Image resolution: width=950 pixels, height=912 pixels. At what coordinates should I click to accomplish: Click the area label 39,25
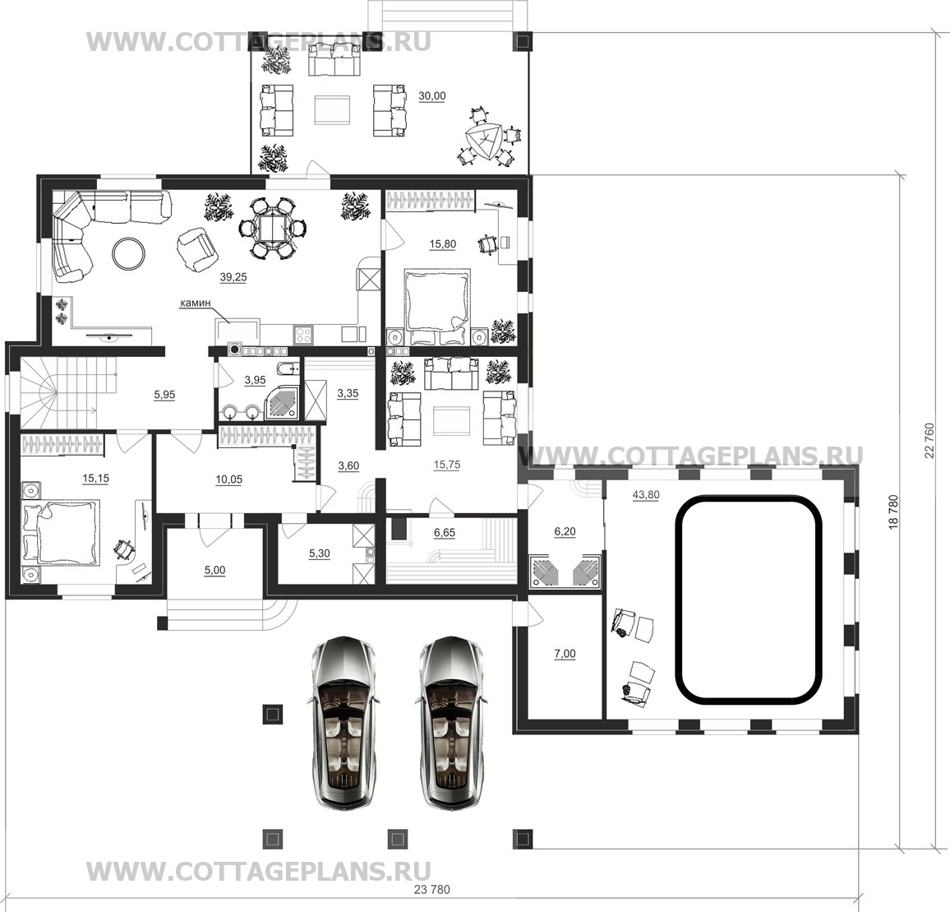pyautogui.click(x=233, y=277)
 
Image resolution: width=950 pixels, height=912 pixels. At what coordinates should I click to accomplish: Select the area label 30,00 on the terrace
pyautogui.click(x=432, y=96)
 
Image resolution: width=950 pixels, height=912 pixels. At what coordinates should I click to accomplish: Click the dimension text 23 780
pyautogui.click(x=432, y=890)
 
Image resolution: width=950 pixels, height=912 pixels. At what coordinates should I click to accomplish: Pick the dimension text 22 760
pyautogui.click(x=929, y=440)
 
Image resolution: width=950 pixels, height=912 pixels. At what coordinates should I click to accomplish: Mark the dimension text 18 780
pyautogui.click(x=893, y=513)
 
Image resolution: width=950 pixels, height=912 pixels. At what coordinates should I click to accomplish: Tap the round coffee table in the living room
pyautogui.click(x=129, y=252)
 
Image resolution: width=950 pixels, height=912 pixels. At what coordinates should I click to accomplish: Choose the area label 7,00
pyautogui.click(x=565, y=654)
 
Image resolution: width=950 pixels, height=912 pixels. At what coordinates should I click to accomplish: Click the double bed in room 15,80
pyautogui.click(x=437, y=301)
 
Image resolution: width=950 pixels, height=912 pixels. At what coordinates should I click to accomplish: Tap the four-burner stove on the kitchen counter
pyautogui.click(x=303, y=334)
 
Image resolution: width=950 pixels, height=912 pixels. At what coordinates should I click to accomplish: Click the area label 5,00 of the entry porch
pyautogui.click(x=215, y=570)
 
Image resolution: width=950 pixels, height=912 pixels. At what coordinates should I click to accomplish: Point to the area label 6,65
pyautogui.click(x=445, y=532)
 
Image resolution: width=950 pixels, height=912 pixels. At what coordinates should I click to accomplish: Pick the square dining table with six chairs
pyautogui.click(x=273, y=229)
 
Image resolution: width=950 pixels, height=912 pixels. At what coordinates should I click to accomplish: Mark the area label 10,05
pyautogui.click(x=229, y=479)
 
